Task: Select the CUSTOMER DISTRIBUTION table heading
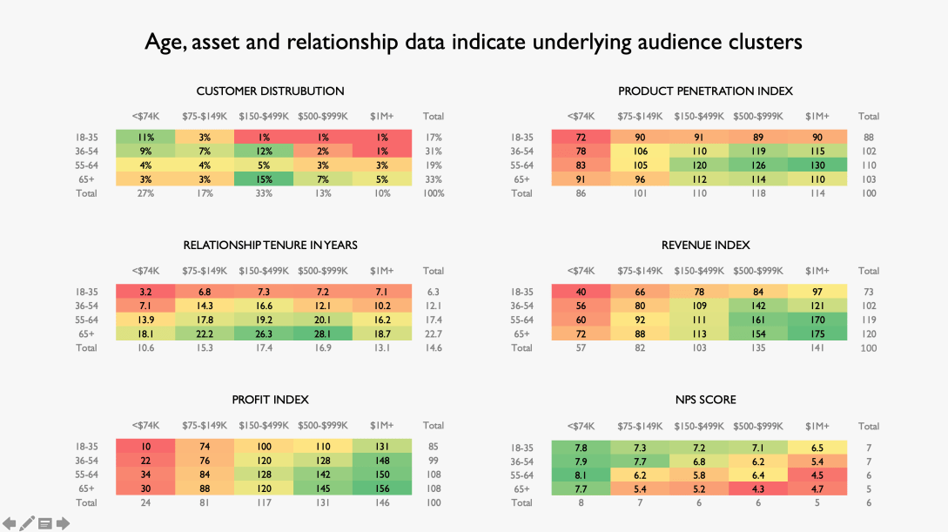tap(270, 91)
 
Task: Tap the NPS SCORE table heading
tap(705, 400)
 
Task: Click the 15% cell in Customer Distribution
tap(264, 179)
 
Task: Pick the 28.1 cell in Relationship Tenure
tap(323, 334)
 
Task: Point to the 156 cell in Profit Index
tap(381, 488)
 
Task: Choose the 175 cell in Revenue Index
tap(817, 334)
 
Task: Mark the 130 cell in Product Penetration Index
tap(817, 165)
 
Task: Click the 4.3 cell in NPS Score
tap(758, 489)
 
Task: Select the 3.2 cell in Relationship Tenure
tap(145, 293)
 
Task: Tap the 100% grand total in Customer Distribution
tap(433, 193)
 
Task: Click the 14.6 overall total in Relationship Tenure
tap(433, 348)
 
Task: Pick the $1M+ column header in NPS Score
tap(817, 426)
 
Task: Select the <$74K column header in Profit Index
tap(145, 426)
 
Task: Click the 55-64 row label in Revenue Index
tap(521, 320)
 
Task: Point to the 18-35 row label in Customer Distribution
tap(87, 138)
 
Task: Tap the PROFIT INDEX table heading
tap(270, 400)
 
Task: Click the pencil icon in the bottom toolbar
tap(28, 523)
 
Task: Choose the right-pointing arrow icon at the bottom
tap(63, 523)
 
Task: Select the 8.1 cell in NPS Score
tap(581, 475)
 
